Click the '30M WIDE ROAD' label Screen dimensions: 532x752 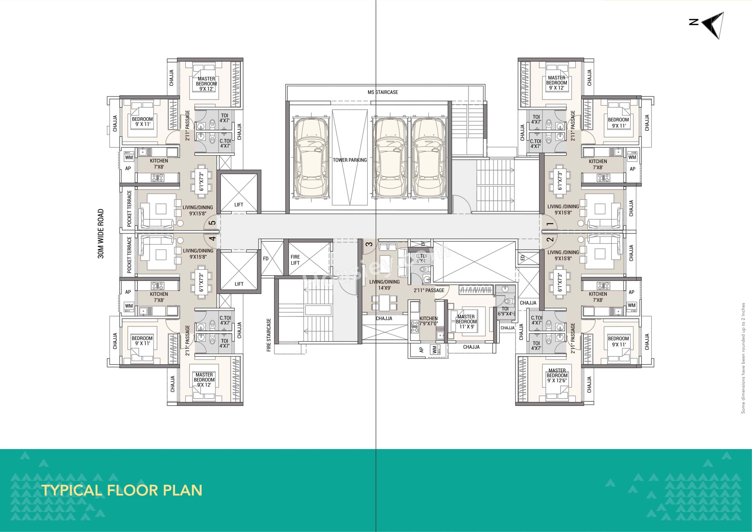101,234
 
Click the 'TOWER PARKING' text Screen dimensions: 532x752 350,160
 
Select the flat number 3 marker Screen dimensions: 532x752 369,244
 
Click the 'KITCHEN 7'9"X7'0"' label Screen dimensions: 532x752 428,321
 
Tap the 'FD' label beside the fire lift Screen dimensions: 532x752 266,259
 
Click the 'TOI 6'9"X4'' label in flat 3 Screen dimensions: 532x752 505,311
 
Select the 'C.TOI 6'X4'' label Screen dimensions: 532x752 421,258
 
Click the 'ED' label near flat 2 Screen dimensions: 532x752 522,258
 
